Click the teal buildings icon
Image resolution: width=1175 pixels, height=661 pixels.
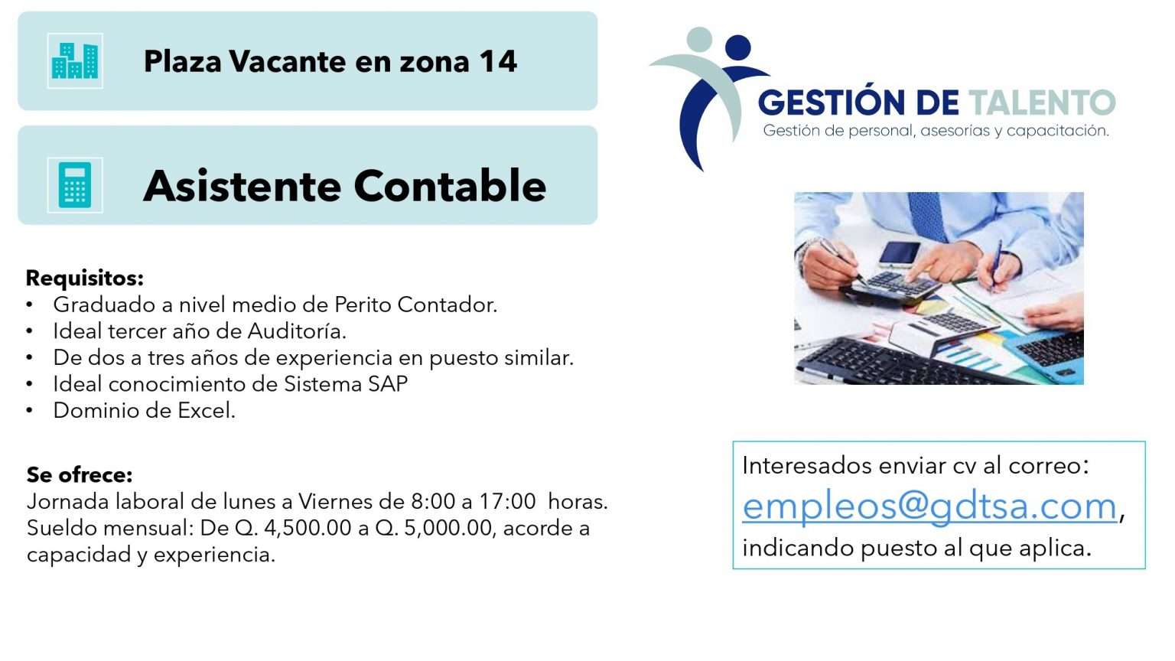point(75,61)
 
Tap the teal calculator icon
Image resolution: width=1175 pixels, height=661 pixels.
point(74,185)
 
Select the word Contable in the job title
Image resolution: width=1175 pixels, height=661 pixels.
point(450,186)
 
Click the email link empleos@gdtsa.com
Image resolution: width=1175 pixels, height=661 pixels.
point(929,506)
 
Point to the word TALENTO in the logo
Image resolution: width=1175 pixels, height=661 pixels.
point(1042,103)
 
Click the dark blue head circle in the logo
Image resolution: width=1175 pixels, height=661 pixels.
point(738,47)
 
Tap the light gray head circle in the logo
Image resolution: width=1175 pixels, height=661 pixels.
point(699,40)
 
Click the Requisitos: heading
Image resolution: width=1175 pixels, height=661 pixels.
point(84,278)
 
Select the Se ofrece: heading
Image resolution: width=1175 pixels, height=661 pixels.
point(80,475)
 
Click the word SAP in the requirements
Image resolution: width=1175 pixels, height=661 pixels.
point(388,384)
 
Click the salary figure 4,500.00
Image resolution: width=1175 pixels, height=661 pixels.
point(308,528)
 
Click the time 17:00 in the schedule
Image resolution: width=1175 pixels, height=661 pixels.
point(507,502)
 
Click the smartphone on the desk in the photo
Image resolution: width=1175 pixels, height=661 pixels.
point(900,254)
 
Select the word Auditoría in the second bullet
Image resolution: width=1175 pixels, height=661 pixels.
point(297,331)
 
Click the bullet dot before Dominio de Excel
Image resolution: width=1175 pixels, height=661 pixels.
point(29,411)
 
